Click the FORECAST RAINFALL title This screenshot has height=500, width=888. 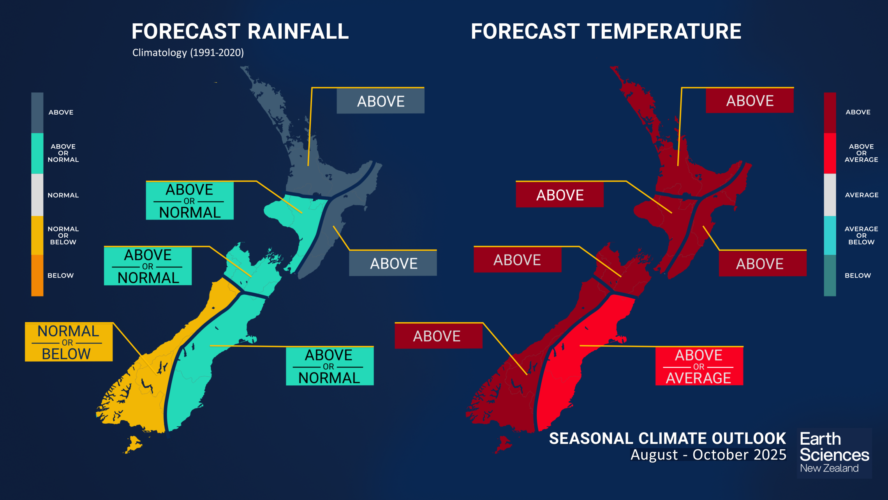(x=240, y=32)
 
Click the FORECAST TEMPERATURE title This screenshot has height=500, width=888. (x=606, y=32)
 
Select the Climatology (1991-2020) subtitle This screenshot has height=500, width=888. (x=188, y=53)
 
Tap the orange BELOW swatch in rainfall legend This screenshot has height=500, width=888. (x=37, y=275)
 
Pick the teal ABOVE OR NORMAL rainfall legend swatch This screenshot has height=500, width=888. (x=37, y=153)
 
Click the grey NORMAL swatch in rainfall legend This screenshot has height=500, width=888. (x=37, y=194)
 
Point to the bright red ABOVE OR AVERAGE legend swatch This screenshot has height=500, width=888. (x=830, y=153)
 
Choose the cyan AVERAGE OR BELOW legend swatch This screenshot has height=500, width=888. (x=830, y=235)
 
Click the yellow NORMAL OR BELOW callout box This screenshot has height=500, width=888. (x=69, y=342)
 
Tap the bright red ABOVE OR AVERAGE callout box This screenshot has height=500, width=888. (x=699, y=366)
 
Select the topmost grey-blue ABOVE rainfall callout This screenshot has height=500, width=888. (x=380, y=101)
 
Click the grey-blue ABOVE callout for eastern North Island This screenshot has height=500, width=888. (x=393, y=263)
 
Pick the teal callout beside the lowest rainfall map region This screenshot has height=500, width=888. (x=329, y=366)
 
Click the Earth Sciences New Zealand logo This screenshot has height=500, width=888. (x=833, y=452)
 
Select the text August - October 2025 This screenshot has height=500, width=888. (x=708, y=455)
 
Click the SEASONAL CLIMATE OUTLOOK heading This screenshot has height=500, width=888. (x=667, y=438)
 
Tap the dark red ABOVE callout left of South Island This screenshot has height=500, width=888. (x=438, y=336)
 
